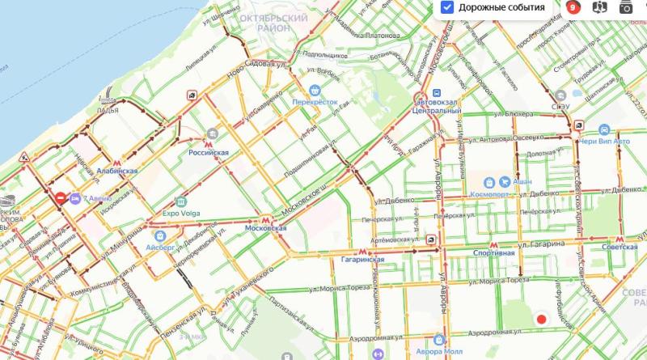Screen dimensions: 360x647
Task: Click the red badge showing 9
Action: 573,7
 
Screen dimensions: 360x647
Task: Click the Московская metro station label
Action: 266,228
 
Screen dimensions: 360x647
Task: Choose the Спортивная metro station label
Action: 493,252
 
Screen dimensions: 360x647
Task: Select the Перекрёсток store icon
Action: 314,91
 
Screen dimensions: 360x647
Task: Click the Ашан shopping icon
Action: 490,182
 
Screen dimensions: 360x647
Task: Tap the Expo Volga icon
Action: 180,202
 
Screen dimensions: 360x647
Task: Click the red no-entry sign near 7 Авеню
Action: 61,197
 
